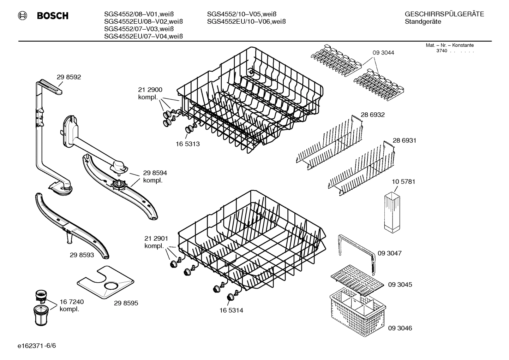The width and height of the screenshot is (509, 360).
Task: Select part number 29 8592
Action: (69, 77)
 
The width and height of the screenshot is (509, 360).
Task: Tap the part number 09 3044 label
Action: (383, 53)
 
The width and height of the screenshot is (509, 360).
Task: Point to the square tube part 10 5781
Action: (392, 212)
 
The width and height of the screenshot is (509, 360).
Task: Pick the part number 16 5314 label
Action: (231, 310)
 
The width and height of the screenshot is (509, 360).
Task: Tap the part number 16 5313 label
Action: (188, 144)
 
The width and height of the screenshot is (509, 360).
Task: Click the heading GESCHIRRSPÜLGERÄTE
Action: (444, 14)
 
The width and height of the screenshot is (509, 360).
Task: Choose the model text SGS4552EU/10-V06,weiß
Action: (246, 22)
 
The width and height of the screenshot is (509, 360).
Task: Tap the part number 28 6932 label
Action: (372, 115)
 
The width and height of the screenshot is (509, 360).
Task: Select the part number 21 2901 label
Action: (156, 238)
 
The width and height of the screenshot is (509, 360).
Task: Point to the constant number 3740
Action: (441, 51)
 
